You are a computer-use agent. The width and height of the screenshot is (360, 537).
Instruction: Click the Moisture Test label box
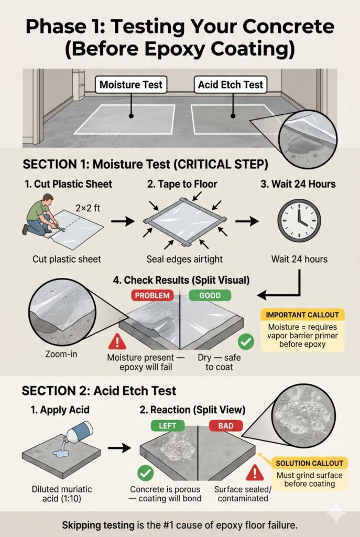(130, 84)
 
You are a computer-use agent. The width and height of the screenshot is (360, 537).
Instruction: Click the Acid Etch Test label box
(231, 84)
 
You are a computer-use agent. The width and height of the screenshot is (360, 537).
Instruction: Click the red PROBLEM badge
(152, 296)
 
